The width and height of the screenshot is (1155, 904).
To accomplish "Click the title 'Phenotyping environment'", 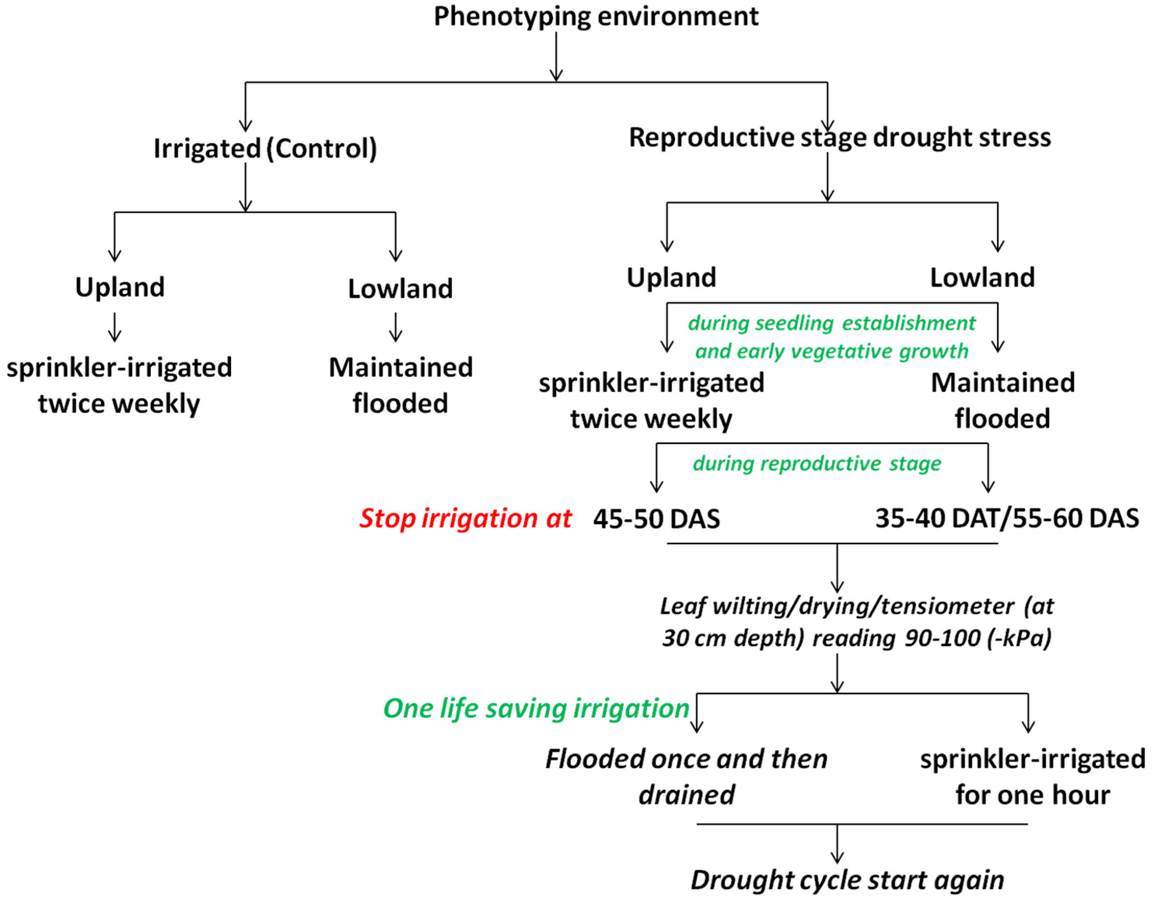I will point(596,16).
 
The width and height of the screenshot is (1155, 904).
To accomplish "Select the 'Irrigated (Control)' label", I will point(265,148).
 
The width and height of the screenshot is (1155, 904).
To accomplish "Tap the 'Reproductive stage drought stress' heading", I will point(839,138).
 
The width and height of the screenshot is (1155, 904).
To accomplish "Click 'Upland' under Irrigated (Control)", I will point(120,287).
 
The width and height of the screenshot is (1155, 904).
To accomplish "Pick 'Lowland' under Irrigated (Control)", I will point(400,289).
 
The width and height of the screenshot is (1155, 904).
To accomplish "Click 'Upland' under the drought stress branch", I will point(671,278).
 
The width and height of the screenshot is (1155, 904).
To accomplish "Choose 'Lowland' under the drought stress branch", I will point(982,278).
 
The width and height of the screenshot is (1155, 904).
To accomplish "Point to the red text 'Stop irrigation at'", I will point(465,518).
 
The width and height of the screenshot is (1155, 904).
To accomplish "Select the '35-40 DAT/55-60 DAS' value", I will point(1006,518).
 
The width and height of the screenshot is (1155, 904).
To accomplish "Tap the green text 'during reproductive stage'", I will point(817,463).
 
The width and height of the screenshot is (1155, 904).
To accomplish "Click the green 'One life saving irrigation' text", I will point(536,708).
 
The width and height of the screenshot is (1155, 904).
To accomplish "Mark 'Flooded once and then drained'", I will point(686,777).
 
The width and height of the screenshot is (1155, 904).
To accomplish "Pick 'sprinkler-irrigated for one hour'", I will point(1032,777).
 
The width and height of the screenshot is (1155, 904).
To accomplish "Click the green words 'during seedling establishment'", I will point(832,323).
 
